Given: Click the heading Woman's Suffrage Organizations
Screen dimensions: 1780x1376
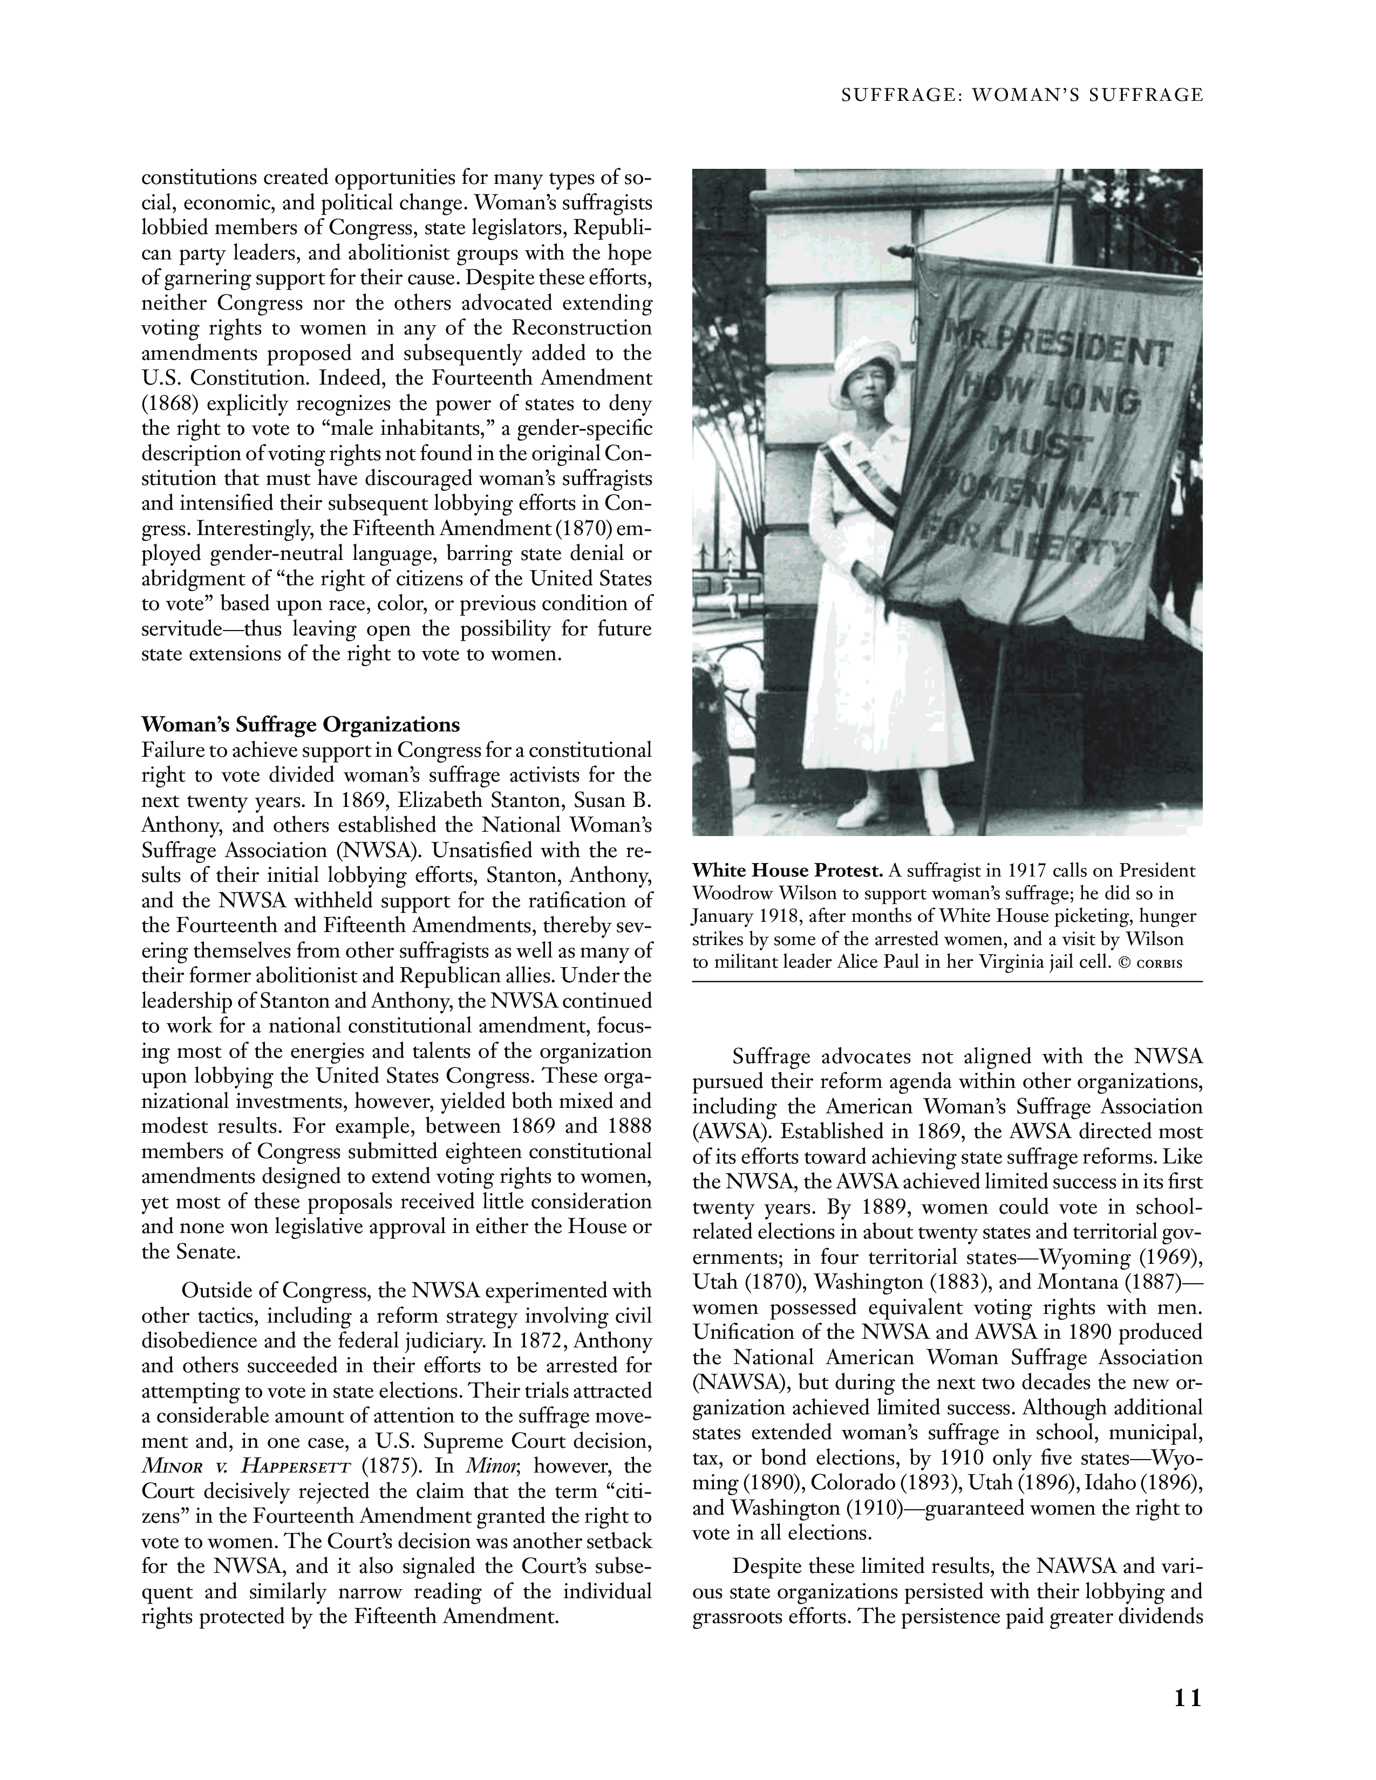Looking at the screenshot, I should point(301,724).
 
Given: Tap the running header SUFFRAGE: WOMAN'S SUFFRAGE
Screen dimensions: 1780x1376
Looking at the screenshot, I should point(1022,95).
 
